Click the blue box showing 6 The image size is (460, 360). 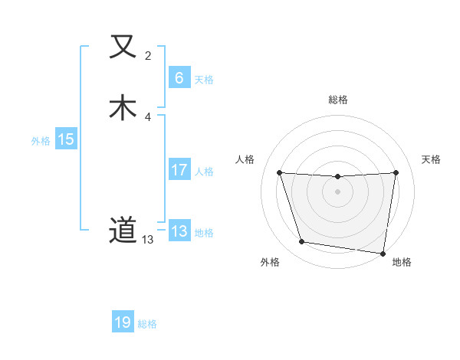[x=179, y=78]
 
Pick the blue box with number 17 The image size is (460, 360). [x=179, y=171]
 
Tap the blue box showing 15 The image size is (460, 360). [x=66, y=139]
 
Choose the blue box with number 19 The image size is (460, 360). [x=123, y=322]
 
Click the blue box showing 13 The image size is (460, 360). [x=179, y=231]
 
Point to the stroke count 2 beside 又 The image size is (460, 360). [x=148, y=56]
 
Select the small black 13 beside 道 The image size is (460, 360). [x=147, y=240]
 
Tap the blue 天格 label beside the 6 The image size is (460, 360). [x=204, y=80]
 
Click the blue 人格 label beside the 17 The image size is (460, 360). [x=204, y=172]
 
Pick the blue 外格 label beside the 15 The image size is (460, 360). [x=41, y=141]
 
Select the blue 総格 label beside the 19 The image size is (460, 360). [x=147, y=324]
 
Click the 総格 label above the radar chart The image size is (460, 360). [x=337, y=100]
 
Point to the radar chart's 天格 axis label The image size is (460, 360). [x=432, y=159]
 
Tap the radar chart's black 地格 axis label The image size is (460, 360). [x=402, y=262]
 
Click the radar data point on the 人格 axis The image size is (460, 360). [x=279, y=172]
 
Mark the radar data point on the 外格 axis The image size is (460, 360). [x=302, y=242]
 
